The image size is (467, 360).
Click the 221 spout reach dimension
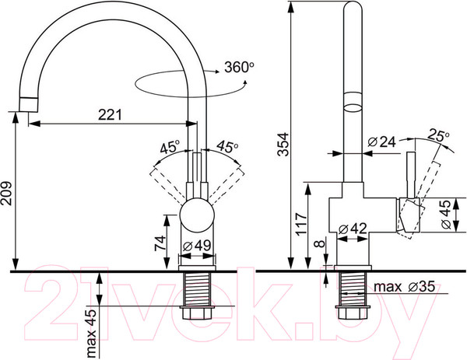pyautogui.click(x=110, y=114)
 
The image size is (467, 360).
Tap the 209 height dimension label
pyautogui.click(x=6, y=193)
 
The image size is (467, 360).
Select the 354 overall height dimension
pyautogui.click(x=283, y=145)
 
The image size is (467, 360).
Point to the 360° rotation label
pyautogui.click(x=239, y=67)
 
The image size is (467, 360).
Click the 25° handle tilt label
pyautogui.click(x=438, y=135)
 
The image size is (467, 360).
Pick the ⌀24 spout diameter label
pyautogui.click(x=382, y=142)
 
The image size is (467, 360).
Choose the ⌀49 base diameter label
pyautogui.click(x=197, y=246)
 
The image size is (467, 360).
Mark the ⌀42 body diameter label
pyautogui.click(x=353, y=229)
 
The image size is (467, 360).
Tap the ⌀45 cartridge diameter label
pyautogui.click(x=445, y=215)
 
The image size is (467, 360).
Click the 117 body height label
pyautogui.click(x=301, y=224)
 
